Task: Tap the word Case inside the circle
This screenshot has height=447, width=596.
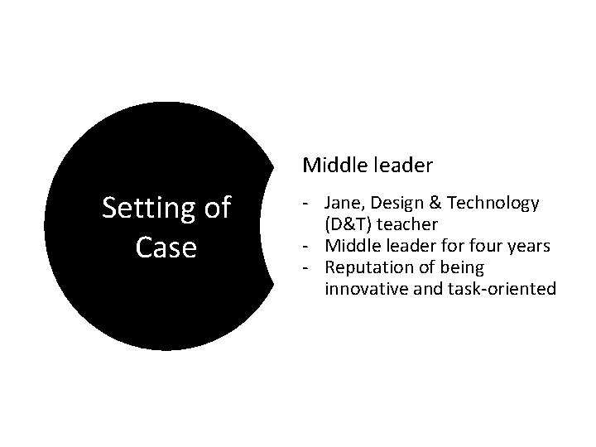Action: (x=166, y=247)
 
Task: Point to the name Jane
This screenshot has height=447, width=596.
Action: (x=341, y=203)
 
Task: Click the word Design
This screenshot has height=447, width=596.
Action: (x=392, y=203)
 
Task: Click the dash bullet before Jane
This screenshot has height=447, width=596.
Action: (x=306, y=203)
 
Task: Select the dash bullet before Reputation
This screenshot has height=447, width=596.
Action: (x=306, y=267)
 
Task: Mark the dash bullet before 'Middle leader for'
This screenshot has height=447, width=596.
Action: (x=306, y=246)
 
